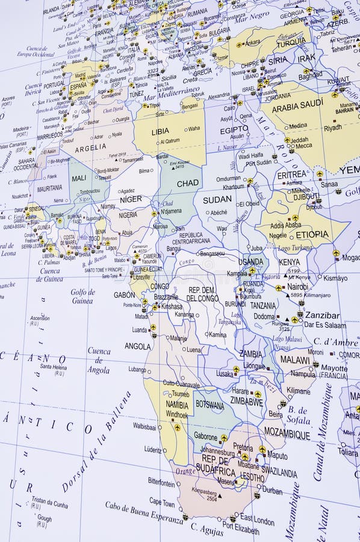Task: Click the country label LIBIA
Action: (160, 131)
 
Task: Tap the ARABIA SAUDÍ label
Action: (297, 106)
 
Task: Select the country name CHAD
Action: (188, 183)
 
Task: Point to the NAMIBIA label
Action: (177, 405)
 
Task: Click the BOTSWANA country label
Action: (209, 405)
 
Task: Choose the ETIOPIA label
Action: (312, 234)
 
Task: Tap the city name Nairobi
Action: (298, 287)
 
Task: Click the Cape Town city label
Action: (163, 501)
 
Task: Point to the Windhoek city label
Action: (177, 414)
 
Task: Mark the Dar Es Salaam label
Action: (324, 325)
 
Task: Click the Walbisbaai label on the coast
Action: (144, 426)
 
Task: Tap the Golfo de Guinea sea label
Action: (82, 296)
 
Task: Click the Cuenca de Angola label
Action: (99, 360)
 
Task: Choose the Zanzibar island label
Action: (322, 315)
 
